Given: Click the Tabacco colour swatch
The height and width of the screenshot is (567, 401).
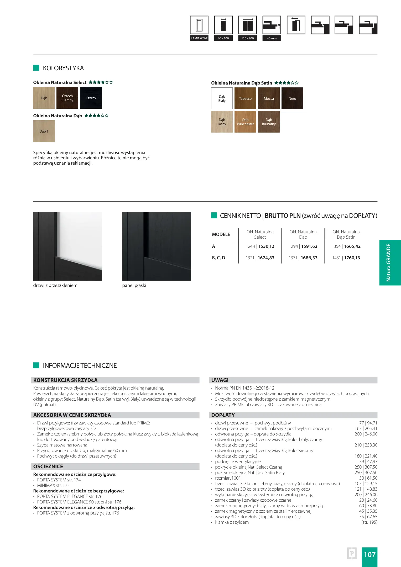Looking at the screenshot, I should point(245,98).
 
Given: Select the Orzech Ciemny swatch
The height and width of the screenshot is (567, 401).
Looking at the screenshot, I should point(67,98).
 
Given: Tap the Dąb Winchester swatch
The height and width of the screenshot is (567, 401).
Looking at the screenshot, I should point(245,122).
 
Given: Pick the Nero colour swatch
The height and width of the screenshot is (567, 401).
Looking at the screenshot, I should point(292,98).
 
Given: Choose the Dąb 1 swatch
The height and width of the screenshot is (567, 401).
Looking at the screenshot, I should point(44,131).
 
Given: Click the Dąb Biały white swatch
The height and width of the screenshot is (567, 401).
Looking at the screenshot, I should point(222,98).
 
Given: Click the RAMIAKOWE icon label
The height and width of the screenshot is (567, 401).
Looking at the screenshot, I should point(199,38).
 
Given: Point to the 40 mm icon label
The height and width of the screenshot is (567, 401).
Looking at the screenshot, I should point(272,38).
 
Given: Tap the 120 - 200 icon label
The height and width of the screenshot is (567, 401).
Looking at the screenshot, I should point(247,38).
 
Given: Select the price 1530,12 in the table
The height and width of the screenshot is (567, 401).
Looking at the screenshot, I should point(266,246).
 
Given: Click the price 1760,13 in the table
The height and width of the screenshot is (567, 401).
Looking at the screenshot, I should point(352,258).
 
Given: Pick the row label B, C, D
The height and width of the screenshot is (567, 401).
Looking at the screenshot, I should point(218,258).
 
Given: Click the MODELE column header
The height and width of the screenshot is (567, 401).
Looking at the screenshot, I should point(221,234).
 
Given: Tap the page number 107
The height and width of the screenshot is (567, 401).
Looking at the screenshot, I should point(369,554).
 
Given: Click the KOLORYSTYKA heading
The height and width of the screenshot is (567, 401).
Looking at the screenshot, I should point(63,68).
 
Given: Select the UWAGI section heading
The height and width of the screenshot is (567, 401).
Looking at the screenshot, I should point(220,380).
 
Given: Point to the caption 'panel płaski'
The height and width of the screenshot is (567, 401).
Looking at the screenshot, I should point(134,285).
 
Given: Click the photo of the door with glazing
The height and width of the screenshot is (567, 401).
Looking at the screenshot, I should point(68,246).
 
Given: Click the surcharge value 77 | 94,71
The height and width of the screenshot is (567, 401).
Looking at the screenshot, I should point(368,423).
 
